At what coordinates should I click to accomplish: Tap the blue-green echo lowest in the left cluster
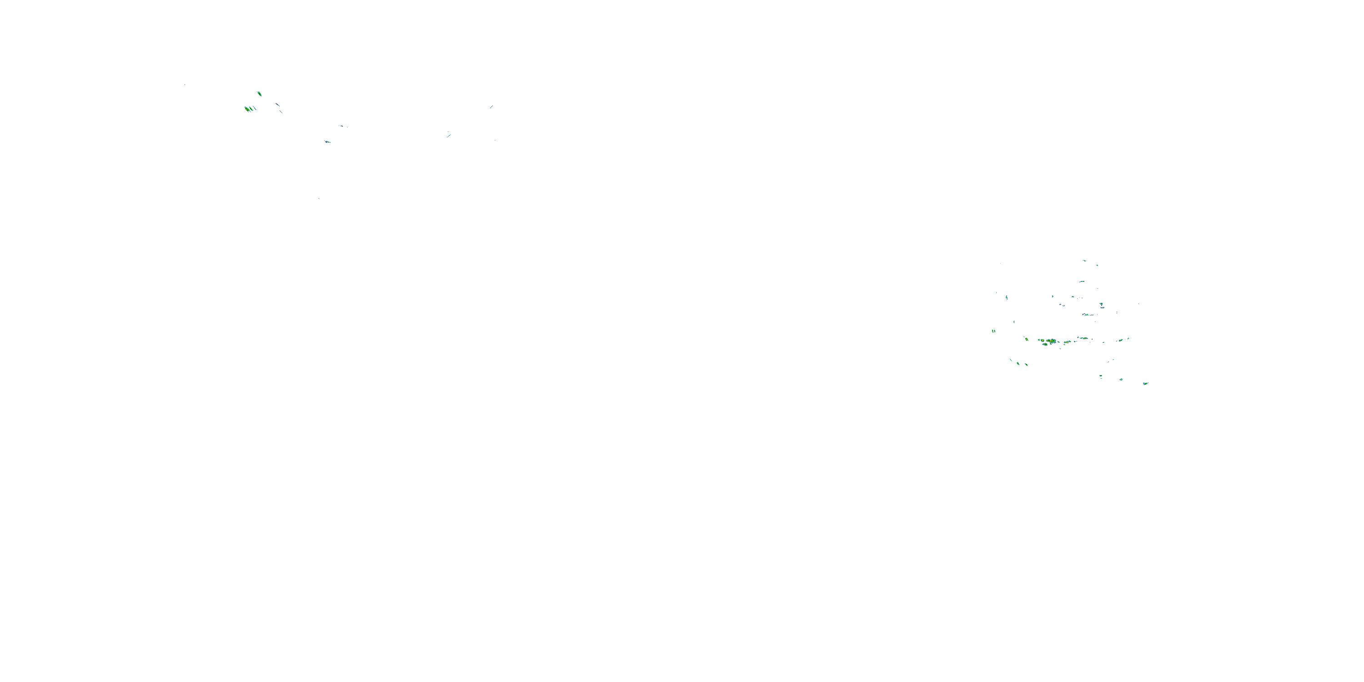pos(327,142)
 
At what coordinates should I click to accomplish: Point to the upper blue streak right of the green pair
pos(277,105)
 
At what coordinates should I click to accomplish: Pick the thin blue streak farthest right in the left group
pos(491,107)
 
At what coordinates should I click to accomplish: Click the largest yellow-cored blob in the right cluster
pos(1052,341)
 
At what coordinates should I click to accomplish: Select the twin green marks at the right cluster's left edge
pos(994,331)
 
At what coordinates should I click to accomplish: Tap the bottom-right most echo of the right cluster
pos(1146,383)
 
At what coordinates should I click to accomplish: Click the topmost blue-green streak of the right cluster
pos(1084,261)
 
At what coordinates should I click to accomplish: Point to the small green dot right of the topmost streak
pos(1097,265)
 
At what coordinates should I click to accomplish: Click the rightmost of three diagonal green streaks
pos(1027,364)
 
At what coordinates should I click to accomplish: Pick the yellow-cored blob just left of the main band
pos(1027,340)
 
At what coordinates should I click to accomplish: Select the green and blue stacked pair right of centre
pos(1102,306)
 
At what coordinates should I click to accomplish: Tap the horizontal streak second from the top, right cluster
pos(1082,282)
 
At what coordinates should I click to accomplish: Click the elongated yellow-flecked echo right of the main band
pos(1084,338)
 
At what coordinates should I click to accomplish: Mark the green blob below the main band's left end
pos(1045,344)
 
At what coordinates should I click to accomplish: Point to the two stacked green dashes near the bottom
pos(1101,376)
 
